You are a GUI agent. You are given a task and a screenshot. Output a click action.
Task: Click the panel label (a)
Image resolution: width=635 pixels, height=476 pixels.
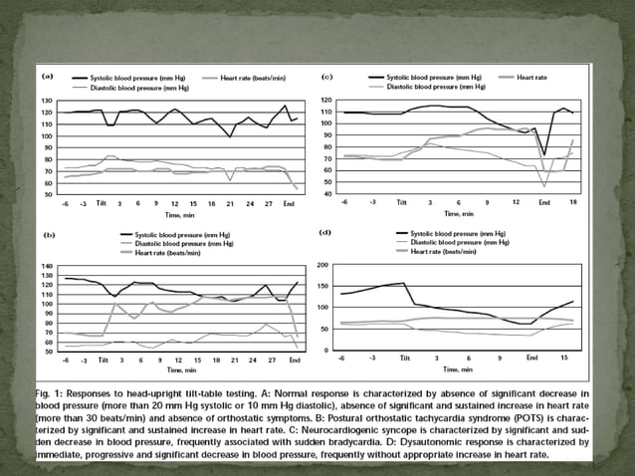click(46, 76)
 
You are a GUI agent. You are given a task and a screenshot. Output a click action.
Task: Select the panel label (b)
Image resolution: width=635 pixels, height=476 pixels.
click(46, 233)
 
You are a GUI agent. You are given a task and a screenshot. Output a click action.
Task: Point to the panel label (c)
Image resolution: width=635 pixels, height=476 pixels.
click(325, 76)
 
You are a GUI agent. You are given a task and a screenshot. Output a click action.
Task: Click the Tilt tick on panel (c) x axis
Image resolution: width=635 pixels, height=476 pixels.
click(402, 202)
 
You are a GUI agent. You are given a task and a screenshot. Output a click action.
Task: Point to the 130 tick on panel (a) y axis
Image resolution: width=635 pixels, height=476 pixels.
click(46, 101)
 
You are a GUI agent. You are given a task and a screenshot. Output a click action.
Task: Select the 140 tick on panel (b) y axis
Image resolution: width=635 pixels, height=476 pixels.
click(46, 267)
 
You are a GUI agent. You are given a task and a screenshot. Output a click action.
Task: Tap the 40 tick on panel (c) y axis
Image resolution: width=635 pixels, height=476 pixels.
click(324, 193)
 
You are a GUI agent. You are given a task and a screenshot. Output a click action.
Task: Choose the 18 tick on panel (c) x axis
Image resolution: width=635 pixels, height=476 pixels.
click(572, 202)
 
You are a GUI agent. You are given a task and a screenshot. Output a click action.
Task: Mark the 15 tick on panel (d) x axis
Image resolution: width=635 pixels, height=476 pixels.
click(564, 357)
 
